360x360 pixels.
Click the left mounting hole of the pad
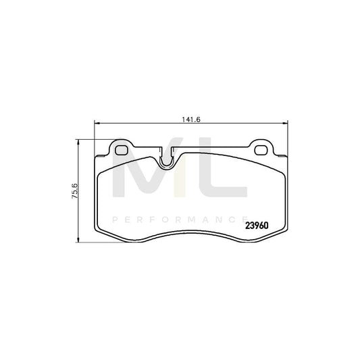tap(122, 149)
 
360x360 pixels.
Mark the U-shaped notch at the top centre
tap(167, 161)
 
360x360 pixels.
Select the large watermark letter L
tap(217, 176)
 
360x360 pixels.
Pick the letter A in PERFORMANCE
tap(203, 220)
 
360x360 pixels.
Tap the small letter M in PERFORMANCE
tap(188, 220)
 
